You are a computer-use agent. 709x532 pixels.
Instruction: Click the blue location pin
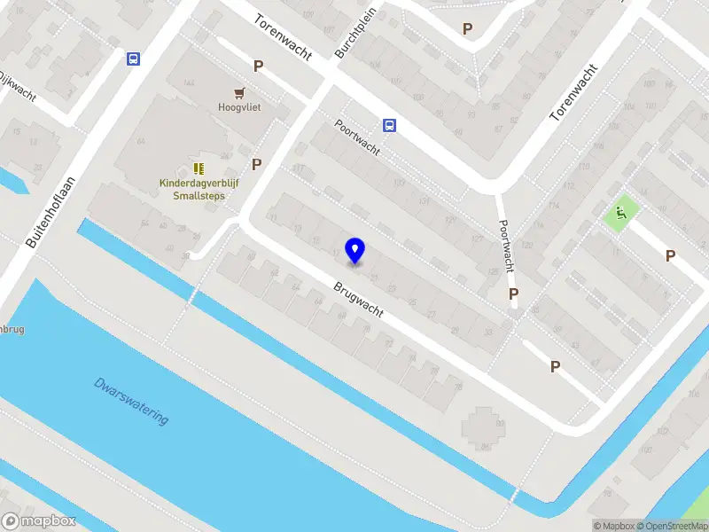(x=355, y=251)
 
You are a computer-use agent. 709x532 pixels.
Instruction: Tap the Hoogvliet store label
(x=239, y=107)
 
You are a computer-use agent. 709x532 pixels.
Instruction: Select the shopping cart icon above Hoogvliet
(x=239, y=92)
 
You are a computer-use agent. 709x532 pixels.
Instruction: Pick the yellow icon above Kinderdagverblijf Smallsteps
(x=199, y=168)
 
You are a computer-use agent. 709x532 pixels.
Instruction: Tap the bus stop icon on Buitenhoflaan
(x=133, y=59)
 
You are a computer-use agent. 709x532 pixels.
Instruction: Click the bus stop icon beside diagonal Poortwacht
(x=389, y=125)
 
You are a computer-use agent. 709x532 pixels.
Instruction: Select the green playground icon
(x=619, y=212)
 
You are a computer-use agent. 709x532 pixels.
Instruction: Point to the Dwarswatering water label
(x=131, y=401)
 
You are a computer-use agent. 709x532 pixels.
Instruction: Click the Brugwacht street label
(x=358, y=301)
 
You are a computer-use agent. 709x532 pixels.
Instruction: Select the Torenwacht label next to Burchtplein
(x=283, y=36)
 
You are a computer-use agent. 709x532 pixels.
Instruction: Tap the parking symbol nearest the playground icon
(x=671, y=256)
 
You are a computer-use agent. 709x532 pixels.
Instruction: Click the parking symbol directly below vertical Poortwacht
(x=513, y=293)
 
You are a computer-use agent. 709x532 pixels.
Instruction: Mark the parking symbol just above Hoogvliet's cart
(x=259, y=66)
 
